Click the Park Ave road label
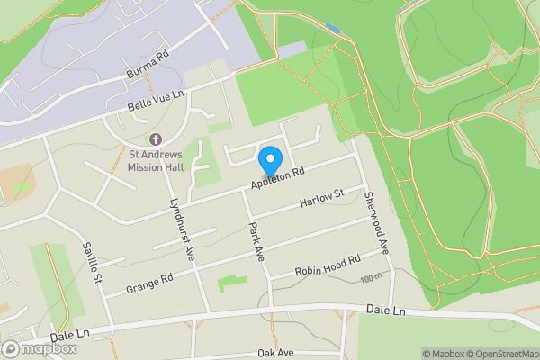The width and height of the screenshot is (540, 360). pos(258,241)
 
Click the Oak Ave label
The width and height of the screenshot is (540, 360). pos(276,353)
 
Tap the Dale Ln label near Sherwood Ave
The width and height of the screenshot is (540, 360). pos(387,310)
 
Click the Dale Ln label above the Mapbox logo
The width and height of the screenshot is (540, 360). pos(70,334)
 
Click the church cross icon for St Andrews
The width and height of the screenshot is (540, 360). pos(155,140)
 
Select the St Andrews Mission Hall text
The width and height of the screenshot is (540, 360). pos(155,160)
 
